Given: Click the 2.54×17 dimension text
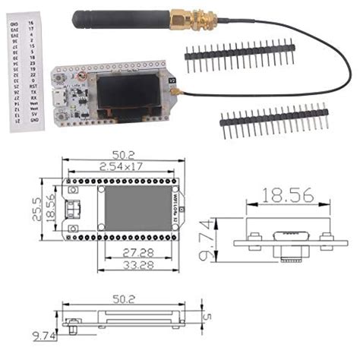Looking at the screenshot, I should coord(118,165).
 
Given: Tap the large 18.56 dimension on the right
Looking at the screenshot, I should coord(286,195).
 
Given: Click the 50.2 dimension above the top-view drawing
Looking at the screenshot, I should coord(118,153).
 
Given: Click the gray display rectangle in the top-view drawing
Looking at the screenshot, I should coord(123,209).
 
